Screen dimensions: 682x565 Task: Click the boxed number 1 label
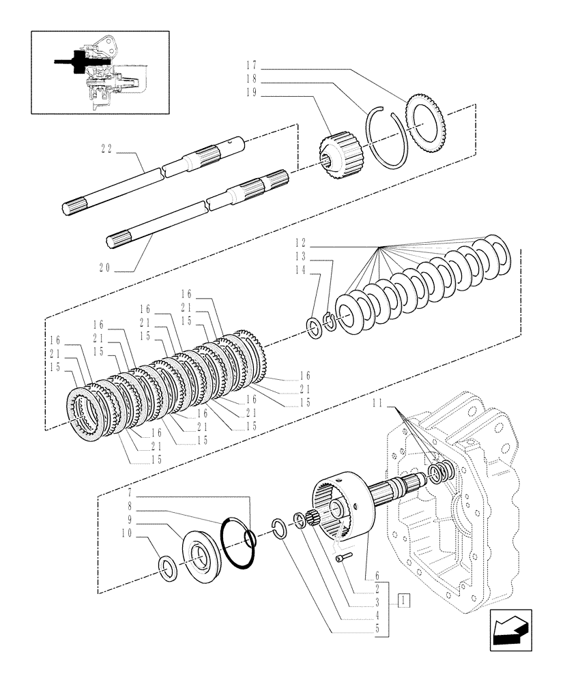[x=405, y=601]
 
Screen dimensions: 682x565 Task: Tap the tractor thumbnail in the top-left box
[x=100, y=71]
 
